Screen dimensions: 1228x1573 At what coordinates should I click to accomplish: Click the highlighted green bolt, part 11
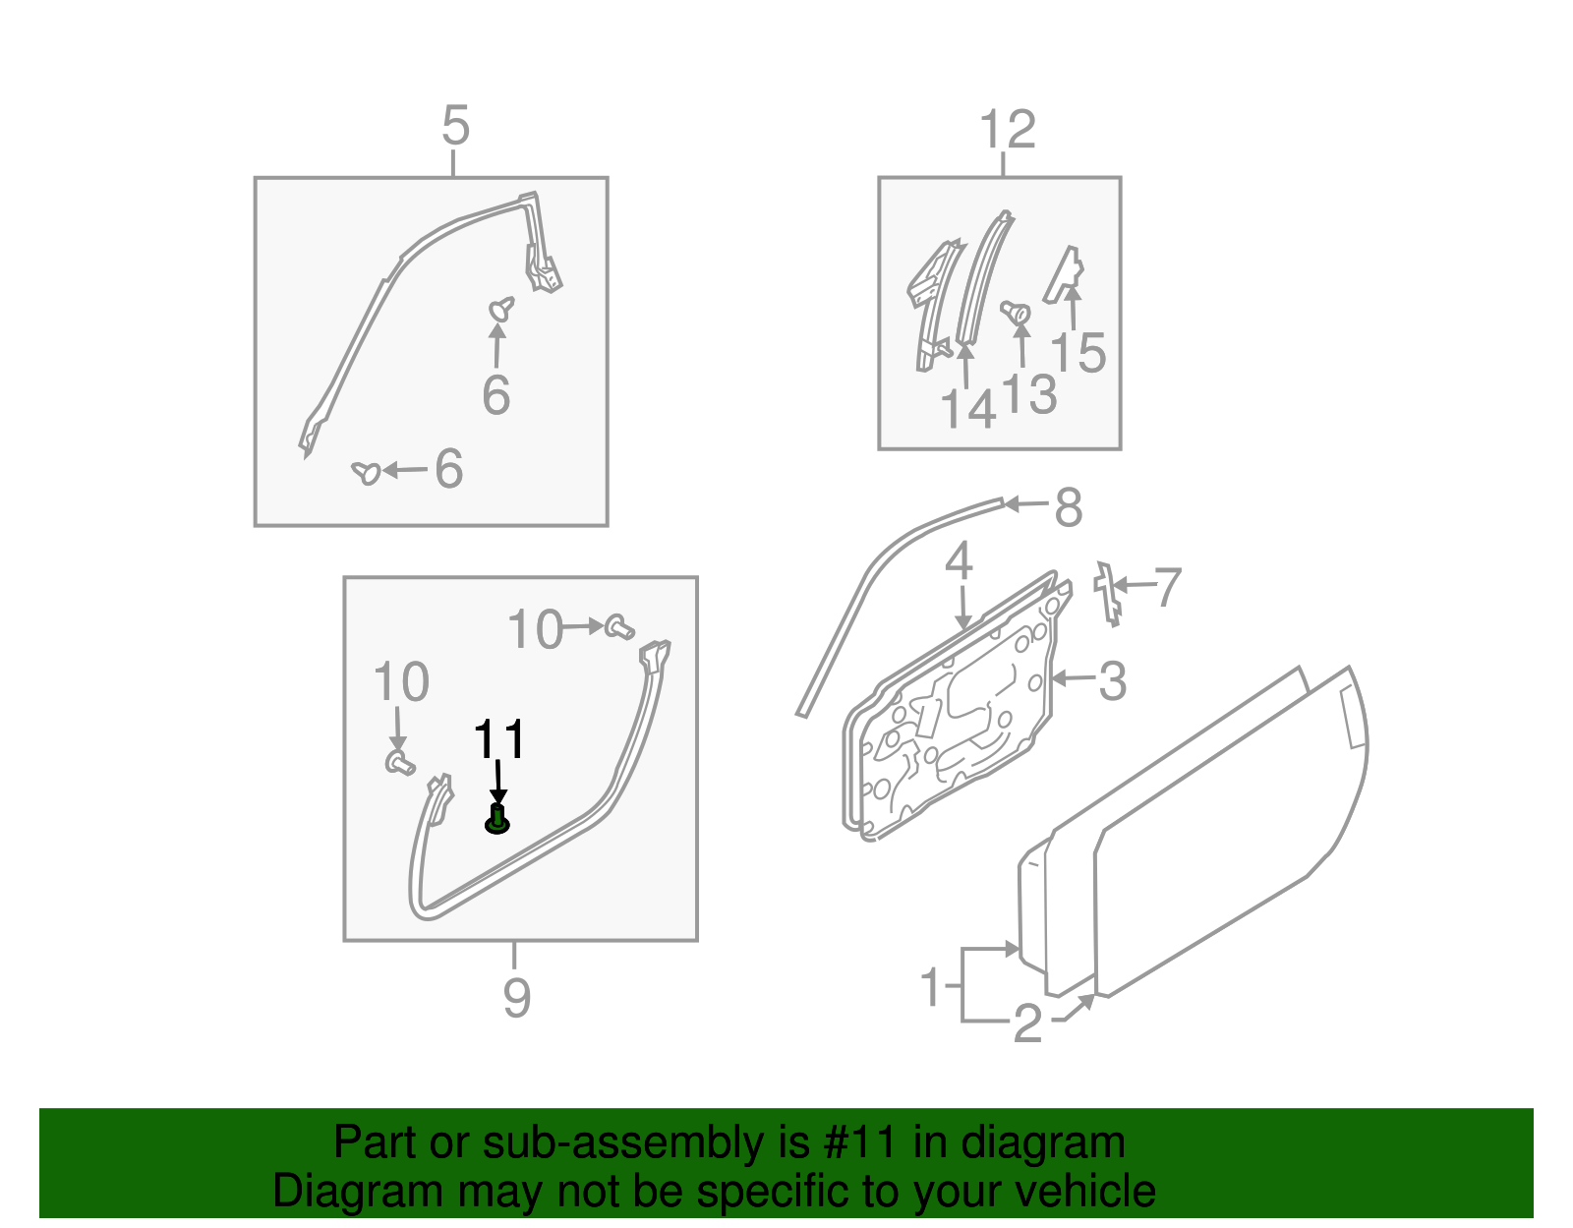pos(497,819)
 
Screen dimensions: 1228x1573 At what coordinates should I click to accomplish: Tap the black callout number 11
pos(499,739)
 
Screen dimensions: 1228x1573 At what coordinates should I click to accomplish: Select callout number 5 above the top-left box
pos(455,127)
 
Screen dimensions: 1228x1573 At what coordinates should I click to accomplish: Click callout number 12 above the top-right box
pos(1008,130)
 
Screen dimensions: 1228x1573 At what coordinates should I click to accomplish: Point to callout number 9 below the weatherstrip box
pos(517,998)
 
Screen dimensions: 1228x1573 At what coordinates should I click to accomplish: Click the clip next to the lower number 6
pos(366,473)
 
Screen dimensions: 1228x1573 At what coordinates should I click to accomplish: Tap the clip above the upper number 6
pos(501,309)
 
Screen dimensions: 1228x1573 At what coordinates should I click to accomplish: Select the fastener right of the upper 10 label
pos(618,626)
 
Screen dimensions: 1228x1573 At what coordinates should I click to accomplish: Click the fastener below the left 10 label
pos(397,762)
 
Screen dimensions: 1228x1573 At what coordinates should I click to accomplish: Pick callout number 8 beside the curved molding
pos(1068,508)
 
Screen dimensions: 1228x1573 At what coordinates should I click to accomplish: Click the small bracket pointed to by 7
pos(1108,593)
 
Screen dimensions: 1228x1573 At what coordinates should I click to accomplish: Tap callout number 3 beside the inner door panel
pos(1112,680)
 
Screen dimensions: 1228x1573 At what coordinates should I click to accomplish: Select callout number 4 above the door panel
pos(959,561)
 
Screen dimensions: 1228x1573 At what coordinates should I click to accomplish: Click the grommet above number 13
pos(1016,313)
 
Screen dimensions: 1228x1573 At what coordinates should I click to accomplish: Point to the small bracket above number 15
pos(1066,271)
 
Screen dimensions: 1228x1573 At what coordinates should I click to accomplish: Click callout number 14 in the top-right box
pos(968,409)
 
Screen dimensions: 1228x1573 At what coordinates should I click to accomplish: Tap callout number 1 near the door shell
pos(931,987)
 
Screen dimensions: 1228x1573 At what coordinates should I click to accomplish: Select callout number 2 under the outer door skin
pos(1026,1024)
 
